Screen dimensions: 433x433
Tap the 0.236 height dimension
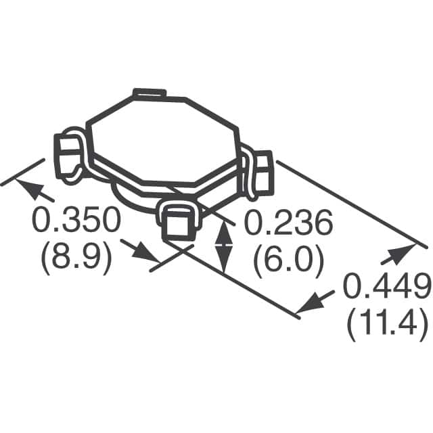point(288,223)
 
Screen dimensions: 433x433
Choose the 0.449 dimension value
point(386,288)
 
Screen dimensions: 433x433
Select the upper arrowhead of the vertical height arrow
point(224,229)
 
